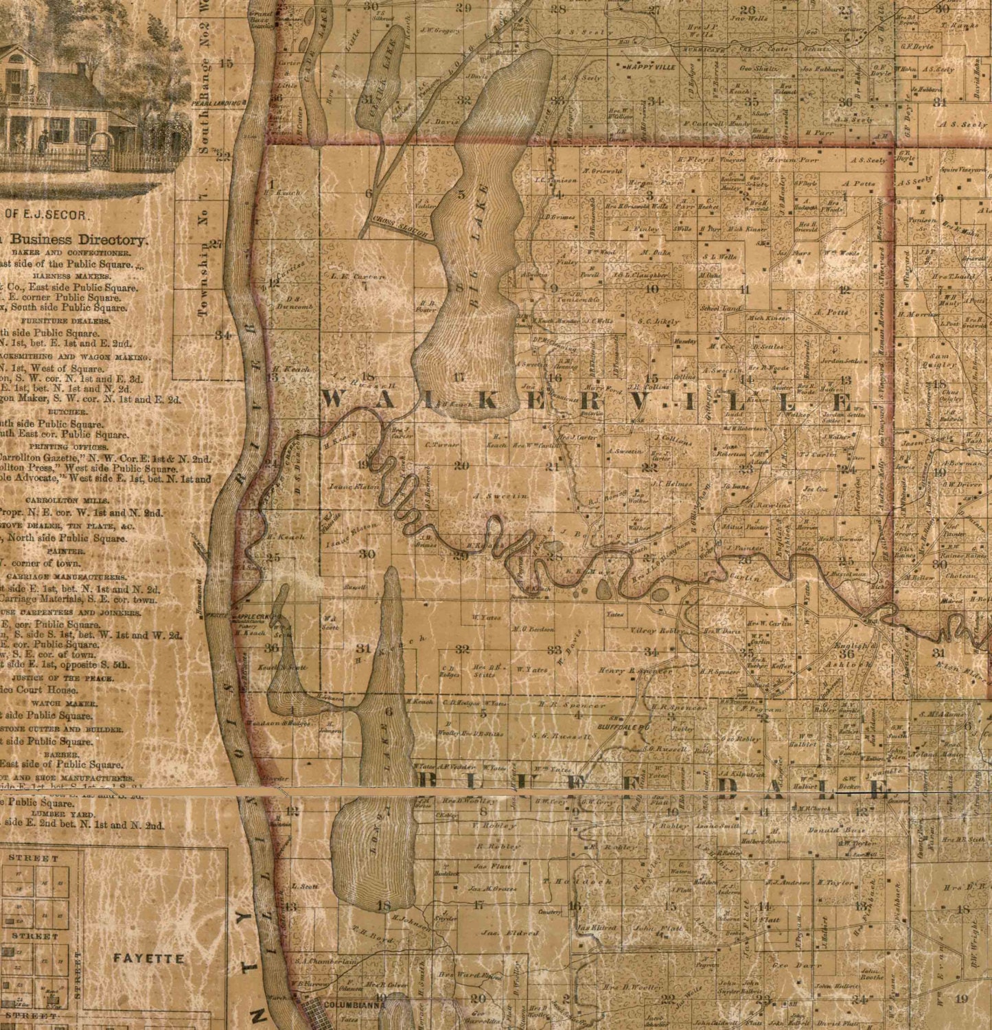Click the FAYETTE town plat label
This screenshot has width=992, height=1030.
[x=148, y=958]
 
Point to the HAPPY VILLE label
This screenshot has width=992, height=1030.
[x=649, y=67]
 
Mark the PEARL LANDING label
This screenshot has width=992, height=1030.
[x=218, y=102]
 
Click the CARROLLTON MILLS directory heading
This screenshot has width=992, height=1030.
[x=69, y=501]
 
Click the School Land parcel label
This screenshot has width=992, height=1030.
[x=720, y=309]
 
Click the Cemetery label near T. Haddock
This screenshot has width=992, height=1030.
[x=551, y=912]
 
